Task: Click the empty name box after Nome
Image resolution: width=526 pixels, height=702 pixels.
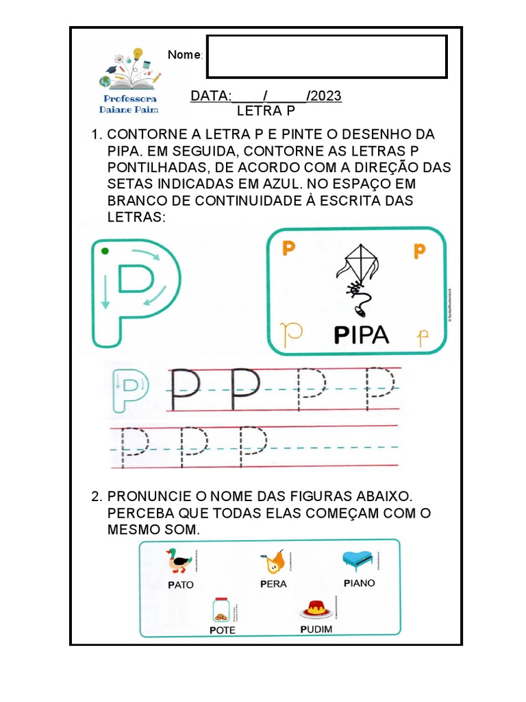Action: tap(327, 56)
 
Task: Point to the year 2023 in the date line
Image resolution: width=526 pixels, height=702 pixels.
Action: tap(325, 96)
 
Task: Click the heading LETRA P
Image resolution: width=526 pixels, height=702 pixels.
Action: tap(260, 111)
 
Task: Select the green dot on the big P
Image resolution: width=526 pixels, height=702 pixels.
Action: tap(104, 252)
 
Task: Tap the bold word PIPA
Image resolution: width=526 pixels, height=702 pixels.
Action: tap(362, 335)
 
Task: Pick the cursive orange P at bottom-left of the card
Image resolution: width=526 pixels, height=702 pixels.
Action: tap(292, 333)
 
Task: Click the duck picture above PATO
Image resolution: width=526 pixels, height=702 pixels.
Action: tap(179, 560)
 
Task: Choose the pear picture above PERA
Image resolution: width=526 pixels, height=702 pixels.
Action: tap(273, 562)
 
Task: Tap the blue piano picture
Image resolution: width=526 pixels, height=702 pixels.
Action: tap(359, 559)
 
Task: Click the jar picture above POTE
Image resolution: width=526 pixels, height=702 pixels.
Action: tap(221, 609)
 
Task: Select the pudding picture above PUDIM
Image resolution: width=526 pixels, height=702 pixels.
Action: tap(315, 607)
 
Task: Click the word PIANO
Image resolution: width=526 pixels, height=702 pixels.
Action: tap(360, 583)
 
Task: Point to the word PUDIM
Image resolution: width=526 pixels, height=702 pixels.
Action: tap(316, 629)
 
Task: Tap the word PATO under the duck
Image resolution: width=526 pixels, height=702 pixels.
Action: tap(180, 585)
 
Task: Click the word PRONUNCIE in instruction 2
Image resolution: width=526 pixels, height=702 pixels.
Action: tap(143, 496)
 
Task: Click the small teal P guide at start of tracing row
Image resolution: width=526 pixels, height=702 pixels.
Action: tap(129, 390)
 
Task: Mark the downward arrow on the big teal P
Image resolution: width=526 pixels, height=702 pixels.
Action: tap(106, 291)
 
